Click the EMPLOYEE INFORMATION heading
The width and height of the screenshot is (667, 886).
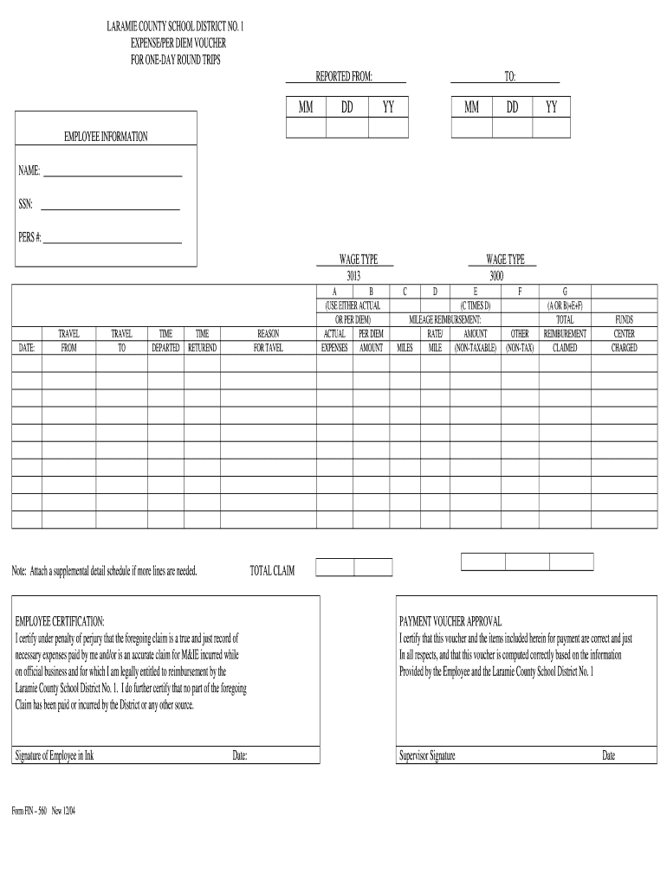coord(106,137)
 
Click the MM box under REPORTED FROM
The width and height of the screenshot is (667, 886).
coord(306,127)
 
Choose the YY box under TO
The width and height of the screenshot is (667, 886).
coord(551,127)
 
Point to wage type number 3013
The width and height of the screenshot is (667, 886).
coord(353,276)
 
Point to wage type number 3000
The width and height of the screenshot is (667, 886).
coord(497,276)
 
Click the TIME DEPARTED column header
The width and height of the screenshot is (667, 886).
coord(165,340)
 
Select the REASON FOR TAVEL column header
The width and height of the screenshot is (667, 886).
coord(268,340)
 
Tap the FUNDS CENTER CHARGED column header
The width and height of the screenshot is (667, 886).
coord(624,333)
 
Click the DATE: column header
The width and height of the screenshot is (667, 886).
coord(26,348)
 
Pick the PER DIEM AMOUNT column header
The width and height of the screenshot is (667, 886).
coord(371,340)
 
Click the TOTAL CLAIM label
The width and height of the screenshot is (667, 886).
coord(272,571)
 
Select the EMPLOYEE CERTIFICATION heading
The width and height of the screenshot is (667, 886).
coord(60,621)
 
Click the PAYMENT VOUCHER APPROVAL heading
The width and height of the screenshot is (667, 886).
coord(450,621)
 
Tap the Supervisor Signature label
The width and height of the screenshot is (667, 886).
coord(427,755)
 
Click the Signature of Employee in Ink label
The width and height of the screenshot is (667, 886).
coord(55,755)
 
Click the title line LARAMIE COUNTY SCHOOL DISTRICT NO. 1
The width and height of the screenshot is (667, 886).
coord(175,28)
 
